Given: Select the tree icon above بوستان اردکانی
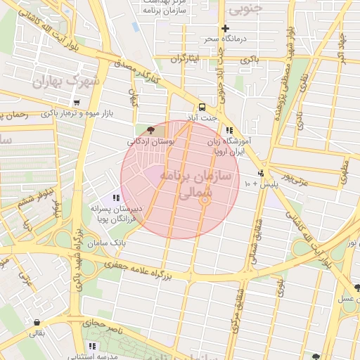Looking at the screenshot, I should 150,130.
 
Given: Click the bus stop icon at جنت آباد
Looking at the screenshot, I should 202,107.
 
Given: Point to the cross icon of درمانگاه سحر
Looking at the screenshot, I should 225,29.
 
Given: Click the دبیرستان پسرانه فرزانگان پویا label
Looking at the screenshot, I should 117,214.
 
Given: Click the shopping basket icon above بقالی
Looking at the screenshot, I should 36,322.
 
